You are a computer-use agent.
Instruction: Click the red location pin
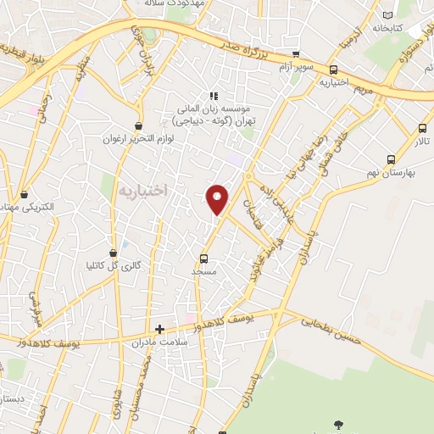pos(219,199)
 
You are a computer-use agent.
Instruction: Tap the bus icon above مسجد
pos(203,259)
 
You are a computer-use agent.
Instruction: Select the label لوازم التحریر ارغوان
pos(140,138)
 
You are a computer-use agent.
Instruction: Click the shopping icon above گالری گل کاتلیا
pos(114,253)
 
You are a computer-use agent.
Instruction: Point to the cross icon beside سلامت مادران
pos(159,328)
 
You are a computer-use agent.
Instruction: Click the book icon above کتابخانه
pos(388,15)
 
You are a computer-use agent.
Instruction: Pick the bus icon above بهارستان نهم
pos(391,159)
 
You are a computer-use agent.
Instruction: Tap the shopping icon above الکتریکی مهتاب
pos(24,194)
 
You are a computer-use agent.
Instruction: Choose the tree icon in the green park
pos(340,424)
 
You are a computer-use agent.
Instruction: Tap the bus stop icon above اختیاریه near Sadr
pos(333,70)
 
